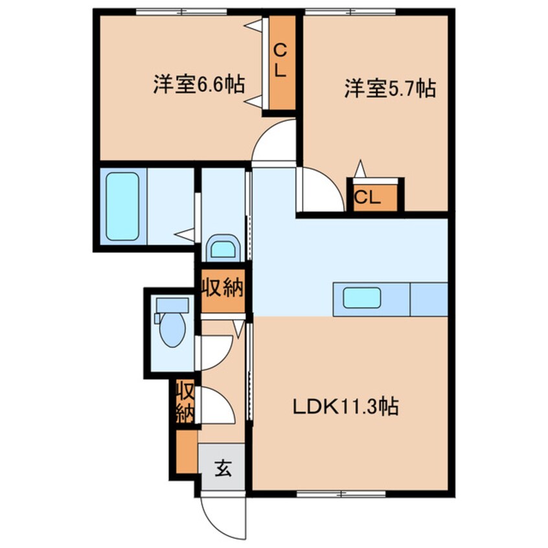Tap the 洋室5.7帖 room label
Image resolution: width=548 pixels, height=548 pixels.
coord(389,88)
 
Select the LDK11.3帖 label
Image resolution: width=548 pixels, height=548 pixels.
coord(345,407)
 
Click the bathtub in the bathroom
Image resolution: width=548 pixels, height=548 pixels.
coord(122,206)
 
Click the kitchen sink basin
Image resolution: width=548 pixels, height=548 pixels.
coord(361,298)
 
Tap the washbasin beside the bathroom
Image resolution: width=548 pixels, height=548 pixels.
coord(223,248)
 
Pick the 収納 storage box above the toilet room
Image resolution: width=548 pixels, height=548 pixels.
coord(222,286)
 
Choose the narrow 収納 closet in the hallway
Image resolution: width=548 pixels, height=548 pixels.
coord(184,402)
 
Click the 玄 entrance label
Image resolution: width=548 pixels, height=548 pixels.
coord(222,467)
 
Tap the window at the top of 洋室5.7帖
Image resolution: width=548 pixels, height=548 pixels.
coord(350,10)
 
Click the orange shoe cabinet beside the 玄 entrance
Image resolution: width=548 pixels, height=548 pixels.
coord(186,452)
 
